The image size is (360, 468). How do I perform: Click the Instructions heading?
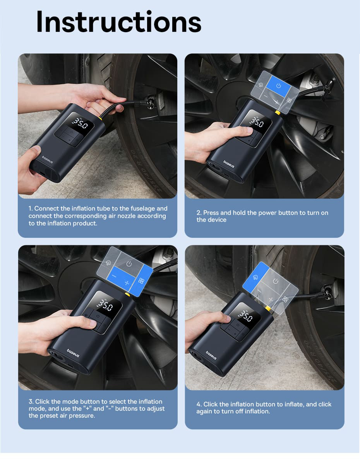point(119,22)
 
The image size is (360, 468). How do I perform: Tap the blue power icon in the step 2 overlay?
point(279,86)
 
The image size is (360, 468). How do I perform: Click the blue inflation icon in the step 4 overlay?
point(256,277)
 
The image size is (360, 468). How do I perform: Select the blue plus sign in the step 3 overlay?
point(127,282)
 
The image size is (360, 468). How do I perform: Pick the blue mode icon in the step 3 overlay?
point(141,280)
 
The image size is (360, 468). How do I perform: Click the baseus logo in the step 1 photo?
point(47,160)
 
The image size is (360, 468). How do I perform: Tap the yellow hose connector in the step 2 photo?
point(278,113)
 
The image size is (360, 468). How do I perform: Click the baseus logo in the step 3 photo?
point(73,353)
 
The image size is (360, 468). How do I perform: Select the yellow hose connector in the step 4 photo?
point(268,308)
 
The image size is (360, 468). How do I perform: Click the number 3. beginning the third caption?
point(31,402)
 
